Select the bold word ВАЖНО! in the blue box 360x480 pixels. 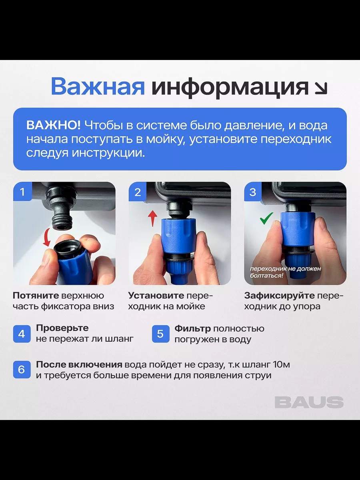click(53, 126)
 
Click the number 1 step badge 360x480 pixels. click(22, 192)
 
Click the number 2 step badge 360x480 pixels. click(138, 192)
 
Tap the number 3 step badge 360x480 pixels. click(253, 192)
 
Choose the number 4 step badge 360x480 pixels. click(22, 334)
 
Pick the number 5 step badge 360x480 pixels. click(160, 334)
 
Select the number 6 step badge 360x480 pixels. click(22, 370)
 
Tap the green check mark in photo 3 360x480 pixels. click(266, 218)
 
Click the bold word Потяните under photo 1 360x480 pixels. click(36, 296)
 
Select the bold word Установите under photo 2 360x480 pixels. click(156, 296)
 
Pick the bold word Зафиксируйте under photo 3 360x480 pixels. click(279, 296)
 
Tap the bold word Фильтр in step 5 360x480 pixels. click(192, 329)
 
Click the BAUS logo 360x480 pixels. click(309, 402)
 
